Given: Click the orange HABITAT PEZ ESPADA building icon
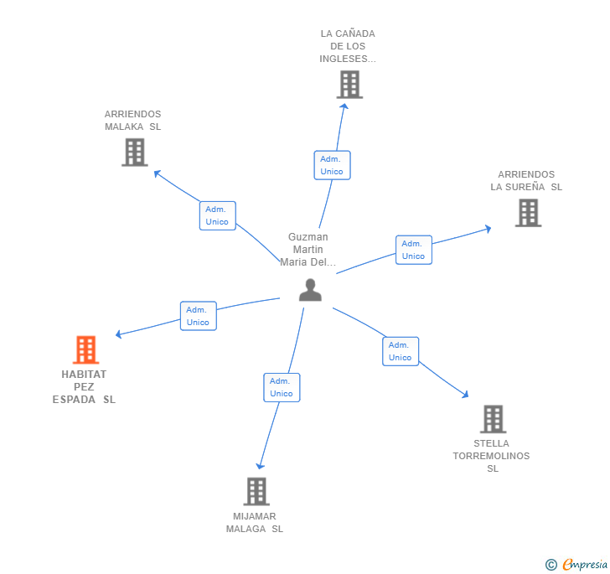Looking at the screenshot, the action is pos(86,349).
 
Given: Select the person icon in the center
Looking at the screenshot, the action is pos(310,290).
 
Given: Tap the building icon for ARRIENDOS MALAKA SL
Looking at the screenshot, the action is pos(135,153).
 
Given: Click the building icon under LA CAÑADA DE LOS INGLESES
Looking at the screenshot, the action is pos(349,85).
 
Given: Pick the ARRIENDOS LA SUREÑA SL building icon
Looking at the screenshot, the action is pos(528,213).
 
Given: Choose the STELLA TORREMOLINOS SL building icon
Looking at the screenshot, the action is pos(494,419).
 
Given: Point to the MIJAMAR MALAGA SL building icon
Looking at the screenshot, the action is pos(256,492).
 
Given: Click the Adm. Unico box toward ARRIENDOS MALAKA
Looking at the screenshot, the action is pos(218,215).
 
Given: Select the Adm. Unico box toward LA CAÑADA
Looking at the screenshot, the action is pos(332,165).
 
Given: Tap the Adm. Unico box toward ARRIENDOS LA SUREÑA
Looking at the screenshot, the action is pos(414,250).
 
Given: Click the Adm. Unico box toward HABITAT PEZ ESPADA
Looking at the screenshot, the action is pos(199,316).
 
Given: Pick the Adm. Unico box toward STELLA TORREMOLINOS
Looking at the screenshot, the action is pos(401,351).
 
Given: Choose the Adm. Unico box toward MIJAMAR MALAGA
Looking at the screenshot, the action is pos(282,388).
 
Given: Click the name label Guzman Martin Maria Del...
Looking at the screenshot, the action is pos(308,250).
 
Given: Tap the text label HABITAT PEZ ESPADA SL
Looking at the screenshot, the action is pos(84,387).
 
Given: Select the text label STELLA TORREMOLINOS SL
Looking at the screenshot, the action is pos(491,456).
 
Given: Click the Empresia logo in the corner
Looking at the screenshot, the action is pos(576,564).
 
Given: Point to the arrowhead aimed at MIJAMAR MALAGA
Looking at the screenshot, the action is pos(260,466).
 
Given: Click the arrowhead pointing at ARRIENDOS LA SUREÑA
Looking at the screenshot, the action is pos(488,229).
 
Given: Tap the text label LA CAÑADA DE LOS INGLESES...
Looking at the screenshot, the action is pos(348,46).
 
